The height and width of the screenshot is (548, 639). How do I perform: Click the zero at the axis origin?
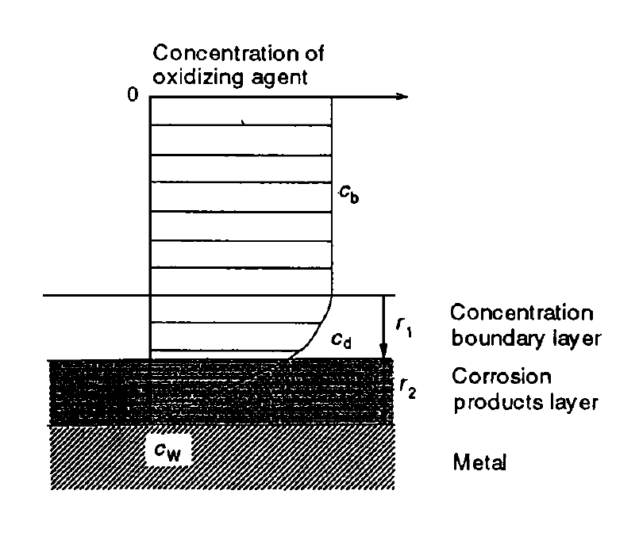click(x=133, y=94)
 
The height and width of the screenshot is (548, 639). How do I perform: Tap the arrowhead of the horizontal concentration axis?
click(x=402, y=97)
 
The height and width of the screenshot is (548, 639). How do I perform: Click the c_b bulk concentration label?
click(x=349, y=194)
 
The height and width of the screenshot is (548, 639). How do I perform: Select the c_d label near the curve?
click(x=341, y=340)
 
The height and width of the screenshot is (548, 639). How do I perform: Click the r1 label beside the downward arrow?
click(x=404, y=328)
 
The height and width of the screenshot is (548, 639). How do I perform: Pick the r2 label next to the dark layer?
click(x=407, y=389)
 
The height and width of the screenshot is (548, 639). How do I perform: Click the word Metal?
click(x=479, y=462)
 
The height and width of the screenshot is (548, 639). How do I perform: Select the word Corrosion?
click(x=502, y=376)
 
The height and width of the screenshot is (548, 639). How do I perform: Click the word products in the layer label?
click(x=498, y=403)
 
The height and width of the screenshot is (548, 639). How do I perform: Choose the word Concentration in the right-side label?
click(x=522, y=312)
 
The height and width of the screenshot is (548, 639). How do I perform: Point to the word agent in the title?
click(x=279, y=79)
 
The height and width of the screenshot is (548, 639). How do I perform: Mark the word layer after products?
click(x=573, y=403)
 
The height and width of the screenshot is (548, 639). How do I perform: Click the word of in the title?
click(x=314, y=53)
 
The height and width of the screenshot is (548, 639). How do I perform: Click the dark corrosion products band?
click(x=221, y=392)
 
